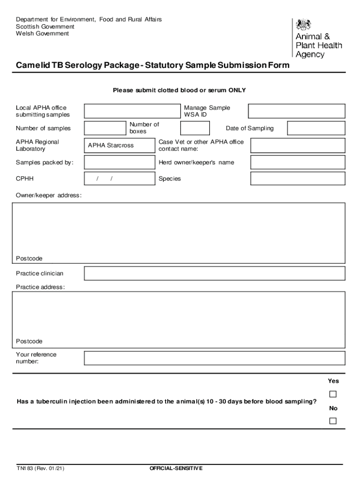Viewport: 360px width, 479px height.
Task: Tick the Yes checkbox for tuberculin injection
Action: [x=333, y=394]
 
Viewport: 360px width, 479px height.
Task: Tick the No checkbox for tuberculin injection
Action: [x=333, y=421]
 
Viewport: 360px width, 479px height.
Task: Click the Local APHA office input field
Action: [x=132, y=111]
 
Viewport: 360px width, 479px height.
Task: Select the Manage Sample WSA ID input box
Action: [x=296, y=111]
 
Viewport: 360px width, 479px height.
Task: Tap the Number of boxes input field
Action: [x=195, y=128]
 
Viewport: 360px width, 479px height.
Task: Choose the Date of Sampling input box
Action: [x=316, y=128]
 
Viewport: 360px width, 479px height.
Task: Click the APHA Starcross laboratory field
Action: [x=119, y=145]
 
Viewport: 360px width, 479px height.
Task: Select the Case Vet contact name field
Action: [x=298, y=145]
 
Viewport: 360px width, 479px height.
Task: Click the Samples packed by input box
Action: [x=119, y=162]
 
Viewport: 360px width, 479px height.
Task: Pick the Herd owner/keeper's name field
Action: [x=298, y=162]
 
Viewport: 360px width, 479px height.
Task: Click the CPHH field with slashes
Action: [x=119, y=179]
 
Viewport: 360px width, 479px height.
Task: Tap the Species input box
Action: [x=298, y=179]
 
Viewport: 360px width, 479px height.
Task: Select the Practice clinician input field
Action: [x=215, y=273]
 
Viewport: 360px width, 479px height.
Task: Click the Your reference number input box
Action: [x=215, y=358]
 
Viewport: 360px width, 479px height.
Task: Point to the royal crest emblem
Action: [x=304, y=24]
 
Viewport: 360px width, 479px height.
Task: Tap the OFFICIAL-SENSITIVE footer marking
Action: [x=176, y=468]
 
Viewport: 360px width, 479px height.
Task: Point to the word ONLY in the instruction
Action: [x=237, y=90]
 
